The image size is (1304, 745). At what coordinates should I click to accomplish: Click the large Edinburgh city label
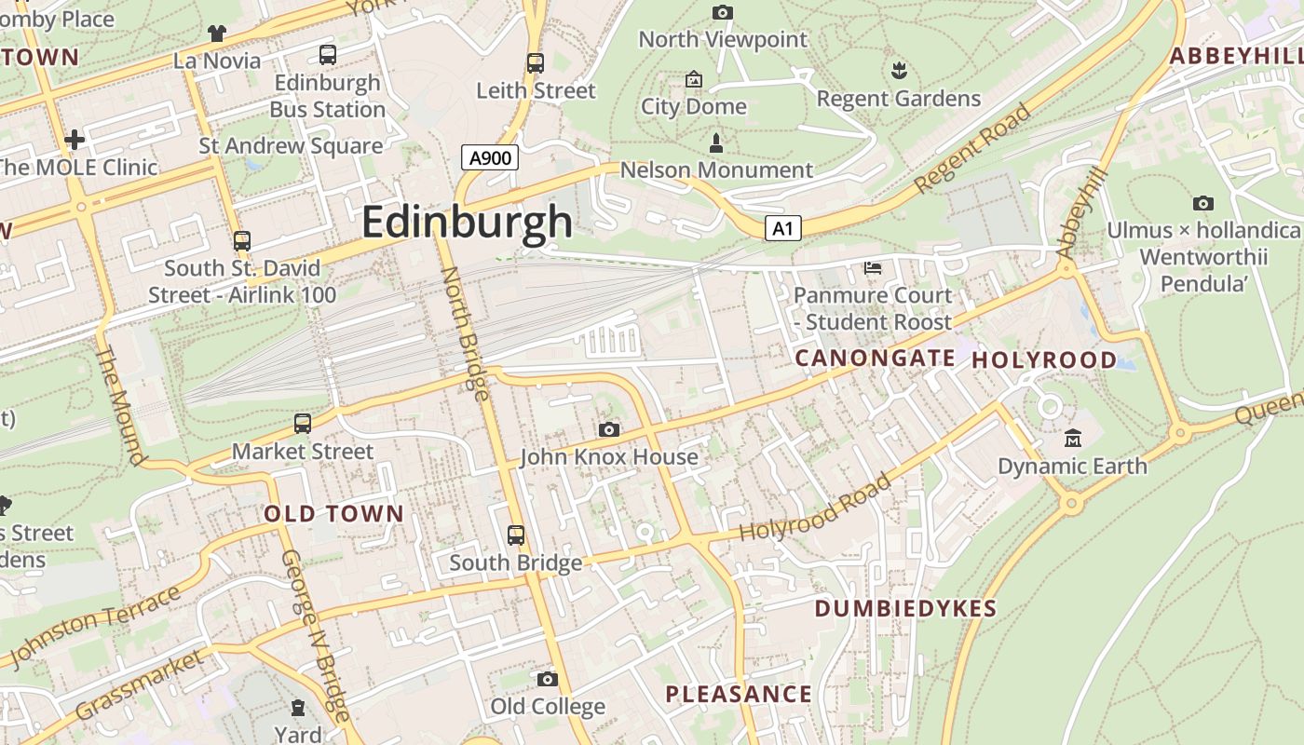point(467,222)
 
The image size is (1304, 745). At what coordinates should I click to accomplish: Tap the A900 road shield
point(490,157)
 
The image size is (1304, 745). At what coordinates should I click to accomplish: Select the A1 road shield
point(783,228)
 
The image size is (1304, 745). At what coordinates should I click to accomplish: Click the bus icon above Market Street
point(303,424)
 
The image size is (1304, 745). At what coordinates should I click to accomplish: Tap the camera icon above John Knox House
point(609,429)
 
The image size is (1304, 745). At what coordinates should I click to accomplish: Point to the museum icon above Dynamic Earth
point(1073,438)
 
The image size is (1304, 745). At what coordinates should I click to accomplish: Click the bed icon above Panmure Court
point(873,268)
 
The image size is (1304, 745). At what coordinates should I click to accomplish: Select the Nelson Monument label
point(716,170)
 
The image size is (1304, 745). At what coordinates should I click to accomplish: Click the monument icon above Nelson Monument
point(715,143)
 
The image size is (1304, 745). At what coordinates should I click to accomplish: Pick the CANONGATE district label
point(875,359)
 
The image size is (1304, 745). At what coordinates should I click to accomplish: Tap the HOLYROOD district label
point(1044,360)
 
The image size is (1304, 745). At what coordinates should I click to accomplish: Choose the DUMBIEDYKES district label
point(905,609)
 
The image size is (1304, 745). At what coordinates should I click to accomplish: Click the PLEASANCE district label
point(739,695)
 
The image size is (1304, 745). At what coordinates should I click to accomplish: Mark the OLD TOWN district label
point(333,514)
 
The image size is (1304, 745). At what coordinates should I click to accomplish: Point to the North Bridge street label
point(464,333)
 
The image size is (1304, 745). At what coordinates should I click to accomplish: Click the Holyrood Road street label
point(814,508)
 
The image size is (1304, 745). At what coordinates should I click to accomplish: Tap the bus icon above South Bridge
point(516,535)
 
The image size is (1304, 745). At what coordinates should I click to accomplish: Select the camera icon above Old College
point(548,679)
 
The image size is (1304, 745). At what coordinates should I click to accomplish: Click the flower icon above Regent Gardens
point(899,71)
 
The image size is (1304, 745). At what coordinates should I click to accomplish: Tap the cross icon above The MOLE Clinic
point(75,141)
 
